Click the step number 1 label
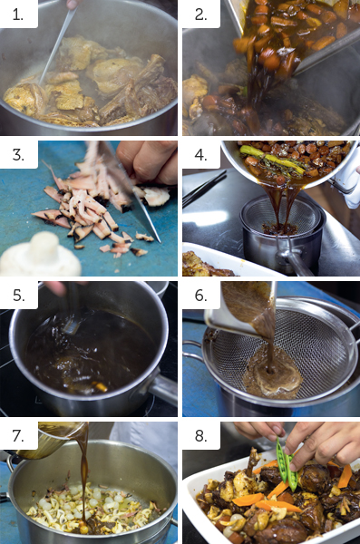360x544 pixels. (18, 15)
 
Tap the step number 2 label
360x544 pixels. (201, 15)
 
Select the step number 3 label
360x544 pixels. (18, 155)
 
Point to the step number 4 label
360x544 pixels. (201, 155)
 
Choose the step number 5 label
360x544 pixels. (19, 296)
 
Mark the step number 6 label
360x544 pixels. (201, 296)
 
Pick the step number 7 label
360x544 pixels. (18, 436)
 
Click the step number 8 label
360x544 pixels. (201, 436)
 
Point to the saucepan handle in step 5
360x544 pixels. (163, 388)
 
